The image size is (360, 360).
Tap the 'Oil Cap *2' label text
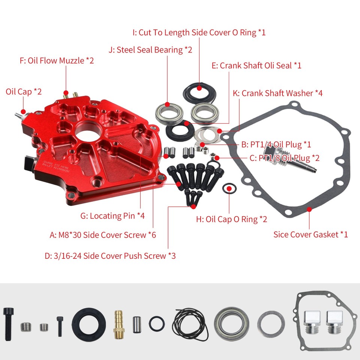point(23,91)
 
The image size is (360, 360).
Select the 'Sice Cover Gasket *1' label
point(310,234)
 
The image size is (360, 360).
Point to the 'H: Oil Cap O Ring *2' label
point(231,219)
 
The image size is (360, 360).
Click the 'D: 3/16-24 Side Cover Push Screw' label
point(110,256)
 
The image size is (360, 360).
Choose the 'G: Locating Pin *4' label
point(112,216)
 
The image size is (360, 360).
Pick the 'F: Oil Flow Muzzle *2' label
point(56,60)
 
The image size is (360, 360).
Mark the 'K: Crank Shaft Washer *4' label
point(277,93)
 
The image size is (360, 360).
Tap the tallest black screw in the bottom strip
point(9,322)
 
